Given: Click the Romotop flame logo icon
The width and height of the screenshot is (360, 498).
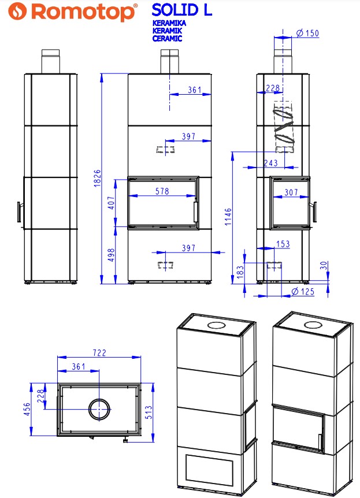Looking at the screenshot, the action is point(17,12).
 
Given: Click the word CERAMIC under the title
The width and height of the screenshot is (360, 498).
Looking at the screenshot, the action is point(167,39).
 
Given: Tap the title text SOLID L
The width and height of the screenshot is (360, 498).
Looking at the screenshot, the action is point(182,10).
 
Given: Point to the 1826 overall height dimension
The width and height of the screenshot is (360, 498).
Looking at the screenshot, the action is point(98,178).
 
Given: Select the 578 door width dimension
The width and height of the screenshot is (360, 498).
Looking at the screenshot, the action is point(162,191).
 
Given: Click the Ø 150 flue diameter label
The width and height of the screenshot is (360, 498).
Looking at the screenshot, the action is point(307,33).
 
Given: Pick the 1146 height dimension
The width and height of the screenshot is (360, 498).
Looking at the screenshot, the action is point(228,217).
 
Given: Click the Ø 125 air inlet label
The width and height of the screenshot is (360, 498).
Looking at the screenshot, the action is point(303,292).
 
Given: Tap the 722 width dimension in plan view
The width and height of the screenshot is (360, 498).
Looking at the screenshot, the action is point(99,353).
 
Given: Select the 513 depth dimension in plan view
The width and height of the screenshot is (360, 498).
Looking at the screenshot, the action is point(149,412).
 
